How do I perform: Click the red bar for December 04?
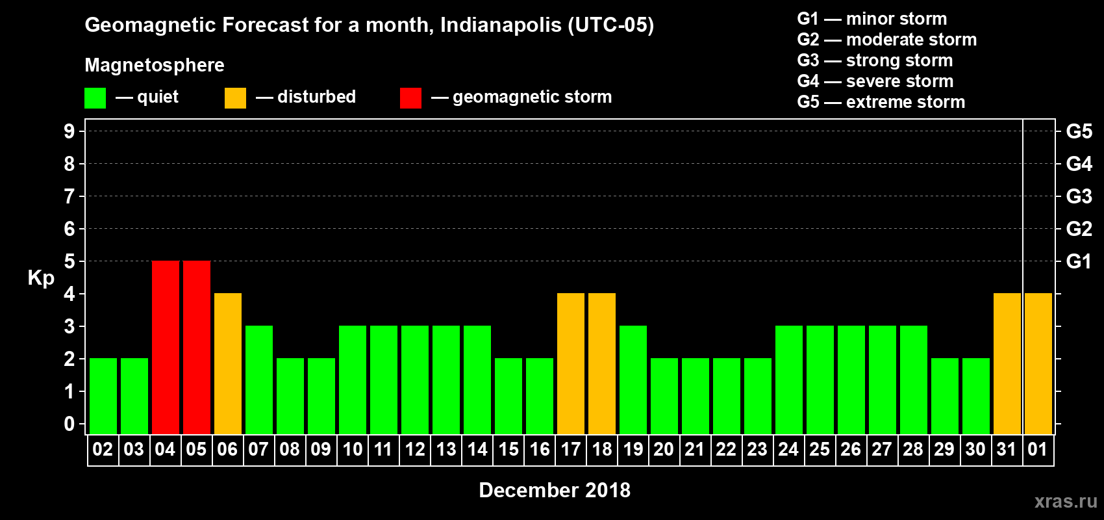[166, 347]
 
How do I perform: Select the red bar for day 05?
[197, 347]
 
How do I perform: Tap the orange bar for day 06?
[228, 363]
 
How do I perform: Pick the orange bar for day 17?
[571, 363]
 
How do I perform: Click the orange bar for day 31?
[1007, 363]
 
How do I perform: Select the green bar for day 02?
[103, 396]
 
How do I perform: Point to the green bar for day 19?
[633, 380]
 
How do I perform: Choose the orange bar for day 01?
[1038, 363]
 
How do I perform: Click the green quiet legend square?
[95, 98]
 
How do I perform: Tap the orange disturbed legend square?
[235, 98]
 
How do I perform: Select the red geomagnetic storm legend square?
[410, 98]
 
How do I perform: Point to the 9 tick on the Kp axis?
[69, 131]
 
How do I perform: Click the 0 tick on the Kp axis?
[69, 424]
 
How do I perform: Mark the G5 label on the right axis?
[1079, 131]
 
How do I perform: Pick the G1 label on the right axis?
[1079, 261]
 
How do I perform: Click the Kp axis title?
[41, 278]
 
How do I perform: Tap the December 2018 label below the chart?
[554, 490]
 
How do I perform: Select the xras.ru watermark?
[1065, 501]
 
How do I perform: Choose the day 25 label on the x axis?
[820, 449]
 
